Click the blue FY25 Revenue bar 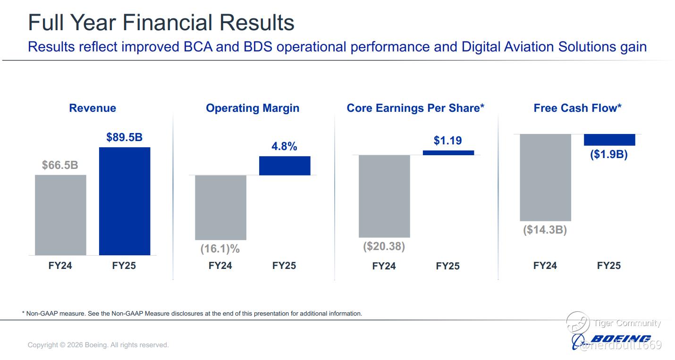click(125, 201)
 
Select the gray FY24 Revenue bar click(60, 215)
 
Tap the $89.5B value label click(124, 137)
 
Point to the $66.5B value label click(60, 165)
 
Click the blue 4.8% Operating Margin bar click(285, 166)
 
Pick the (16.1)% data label click(220, 248)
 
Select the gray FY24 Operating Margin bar click(220, 208)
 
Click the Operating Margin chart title click(253, 108)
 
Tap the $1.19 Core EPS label click(447, 141)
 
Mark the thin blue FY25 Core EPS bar click(448, 153)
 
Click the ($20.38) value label click(384, 246)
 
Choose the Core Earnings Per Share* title click(415, 108)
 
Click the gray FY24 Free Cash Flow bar click(545, 177)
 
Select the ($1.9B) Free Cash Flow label click(609, 154)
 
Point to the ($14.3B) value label click(545, 230)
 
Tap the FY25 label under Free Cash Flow click(609, 266)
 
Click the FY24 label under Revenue click(60, 266)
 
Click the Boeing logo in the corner click(614, 339)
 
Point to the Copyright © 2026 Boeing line click(98, 345)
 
